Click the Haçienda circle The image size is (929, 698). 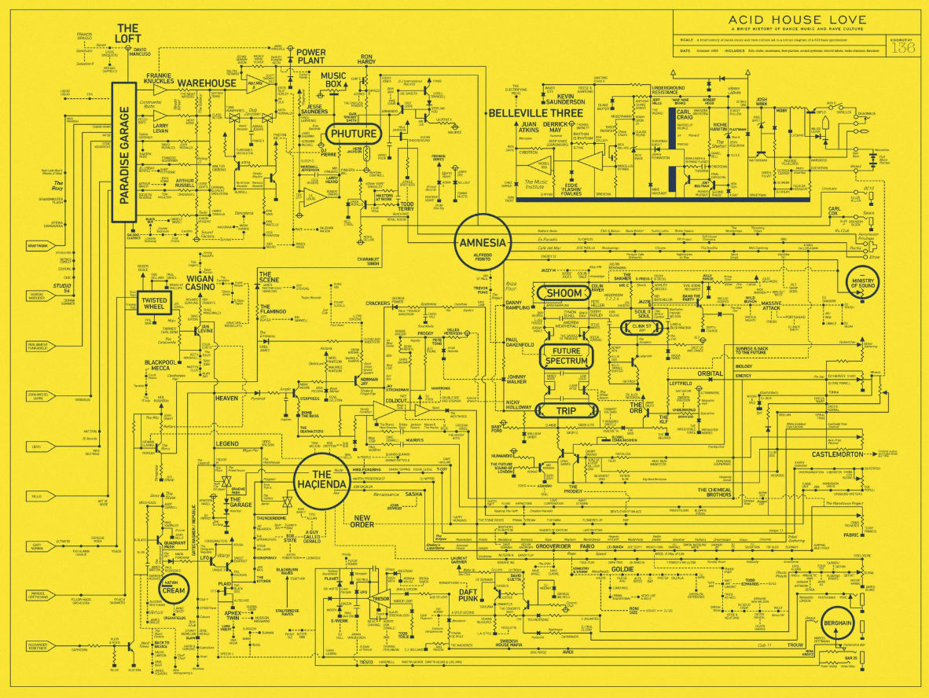click(321, 479)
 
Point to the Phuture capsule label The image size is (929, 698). click(354, 134)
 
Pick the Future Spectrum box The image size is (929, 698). click(566, 356)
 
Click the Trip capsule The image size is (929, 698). click(566, 410)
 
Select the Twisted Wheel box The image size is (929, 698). click(154, 303)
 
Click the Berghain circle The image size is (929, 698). click(839, 623)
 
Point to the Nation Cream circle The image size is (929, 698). click(172, 587)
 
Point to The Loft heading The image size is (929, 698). click(127, 33)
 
